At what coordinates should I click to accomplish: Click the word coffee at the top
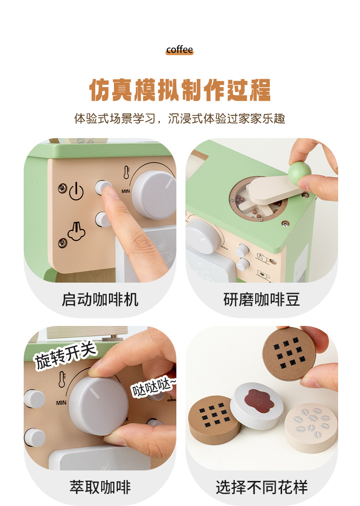point(180,50)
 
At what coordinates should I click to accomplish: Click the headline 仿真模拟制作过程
point(180,90)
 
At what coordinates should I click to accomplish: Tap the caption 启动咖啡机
point(100,299)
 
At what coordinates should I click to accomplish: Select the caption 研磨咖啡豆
point(262,299)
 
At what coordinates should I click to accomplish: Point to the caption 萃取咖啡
point(100,487)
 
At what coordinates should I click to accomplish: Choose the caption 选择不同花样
point(262,487)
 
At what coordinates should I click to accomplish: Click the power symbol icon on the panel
point(76,192)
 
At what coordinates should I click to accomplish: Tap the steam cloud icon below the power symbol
point(77,232)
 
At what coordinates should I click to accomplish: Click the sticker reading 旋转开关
point(66,354)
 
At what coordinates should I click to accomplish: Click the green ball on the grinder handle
point(299,170)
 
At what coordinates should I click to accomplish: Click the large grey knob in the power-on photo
point(154,195)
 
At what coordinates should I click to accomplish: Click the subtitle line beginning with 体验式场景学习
point(180,119)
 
